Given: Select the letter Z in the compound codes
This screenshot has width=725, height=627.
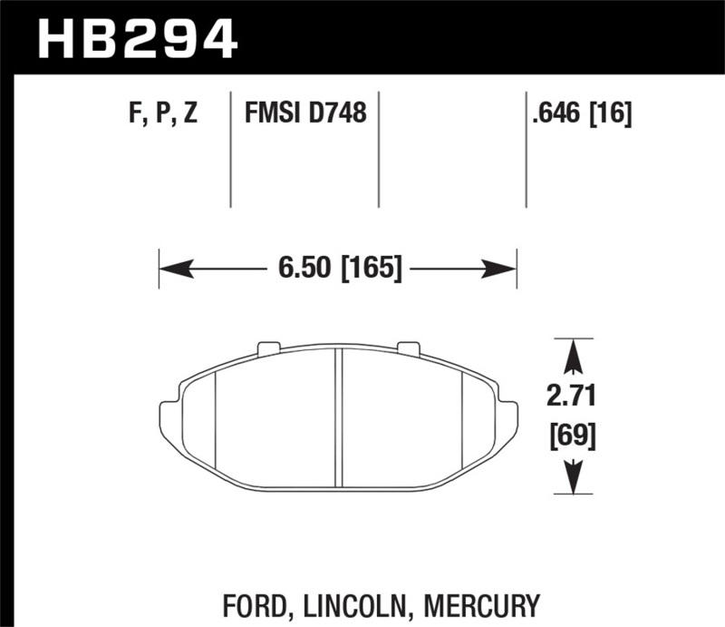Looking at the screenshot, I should point(189,114).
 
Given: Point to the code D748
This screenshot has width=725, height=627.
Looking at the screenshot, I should point(336,114).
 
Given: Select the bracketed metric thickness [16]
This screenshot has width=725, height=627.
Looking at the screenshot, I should point(612,114).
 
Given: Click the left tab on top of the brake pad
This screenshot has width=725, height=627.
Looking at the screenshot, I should point(268,348).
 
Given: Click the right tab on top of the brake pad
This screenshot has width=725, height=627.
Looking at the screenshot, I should point(408,348).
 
